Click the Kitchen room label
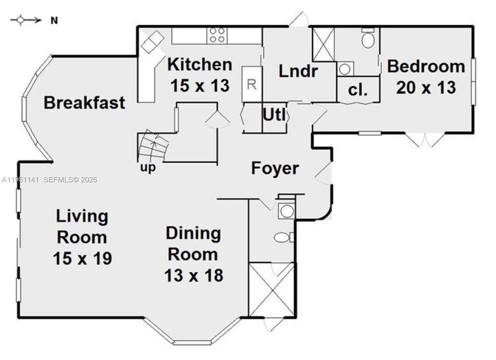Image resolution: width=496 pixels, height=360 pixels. point(200,64)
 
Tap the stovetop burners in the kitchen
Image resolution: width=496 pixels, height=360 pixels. point(217,35)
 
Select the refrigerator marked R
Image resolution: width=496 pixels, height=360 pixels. point(252,84)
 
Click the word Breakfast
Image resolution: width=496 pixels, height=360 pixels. point(84,103)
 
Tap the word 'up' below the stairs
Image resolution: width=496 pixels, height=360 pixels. point(148,168)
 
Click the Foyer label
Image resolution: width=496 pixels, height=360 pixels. point(275,168)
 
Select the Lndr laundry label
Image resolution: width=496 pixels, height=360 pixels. point(298,71)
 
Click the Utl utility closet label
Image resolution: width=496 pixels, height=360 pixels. point(274,115)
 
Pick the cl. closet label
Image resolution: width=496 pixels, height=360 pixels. point(358,90)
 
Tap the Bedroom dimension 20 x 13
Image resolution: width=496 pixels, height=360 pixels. point(426,87)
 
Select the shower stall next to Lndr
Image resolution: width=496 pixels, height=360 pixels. point(323,45)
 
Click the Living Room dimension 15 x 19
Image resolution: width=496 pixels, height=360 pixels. point(82,258)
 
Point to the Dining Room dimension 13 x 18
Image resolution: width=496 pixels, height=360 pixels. point(193,275)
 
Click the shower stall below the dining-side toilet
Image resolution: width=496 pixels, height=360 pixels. point(272,290)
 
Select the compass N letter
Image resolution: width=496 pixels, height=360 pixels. point(54,21)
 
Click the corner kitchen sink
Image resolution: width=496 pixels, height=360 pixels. point(152,42)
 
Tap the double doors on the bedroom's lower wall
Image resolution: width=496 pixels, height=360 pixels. point(425,139)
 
